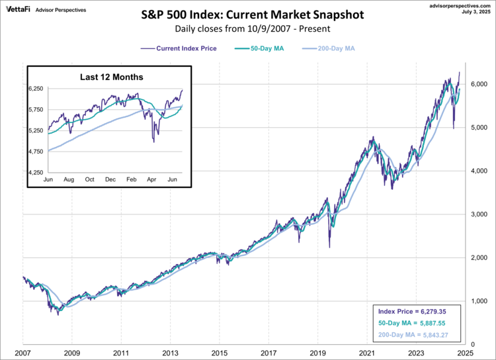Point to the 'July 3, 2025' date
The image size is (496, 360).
click(x=478, y=11)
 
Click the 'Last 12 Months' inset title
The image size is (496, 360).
click(x=110, y=77)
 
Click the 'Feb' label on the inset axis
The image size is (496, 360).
click(x=132, y=180)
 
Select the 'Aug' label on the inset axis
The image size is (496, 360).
click(x=69, y=180)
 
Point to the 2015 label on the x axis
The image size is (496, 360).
click(x=220, y=354)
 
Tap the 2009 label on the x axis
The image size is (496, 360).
click(x=72, y=354)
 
